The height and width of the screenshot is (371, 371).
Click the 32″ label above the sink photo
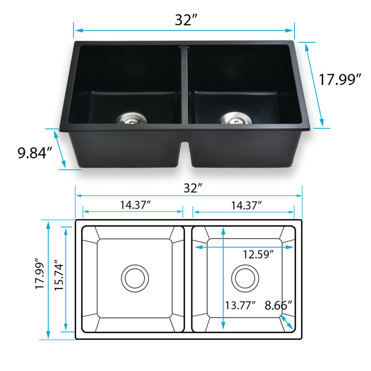point(186,20)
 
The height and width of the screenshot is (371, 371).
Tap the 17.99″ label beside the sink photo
point(340,79)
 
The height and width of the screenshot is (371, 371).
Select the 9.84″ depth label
point(35,153)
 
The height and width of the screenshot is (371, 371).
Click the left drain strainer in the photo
point(131,118)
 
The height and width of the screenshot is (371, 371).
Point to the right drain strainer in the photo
point(237,118)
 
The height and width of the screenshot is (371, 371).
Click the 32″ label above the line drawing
point(193,188)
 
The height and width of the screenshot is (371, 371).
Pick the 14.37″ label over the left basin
point(135,205)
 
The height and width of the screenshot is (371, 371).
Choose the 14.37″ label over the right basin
point(246,205)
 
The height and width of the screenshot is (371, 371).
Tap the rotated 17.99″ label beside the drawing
point(40,273)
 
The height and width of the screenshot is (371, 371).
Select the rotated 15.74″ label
point(59,275)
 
